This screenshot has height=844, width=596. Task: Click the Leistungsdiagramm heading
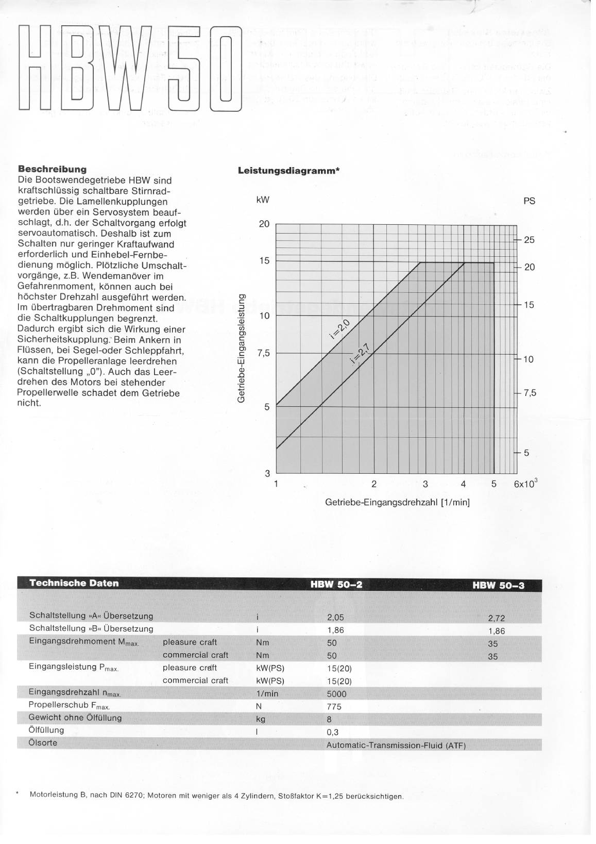point(287,171)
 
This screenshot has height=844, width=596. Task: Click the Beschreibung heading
point(52,169)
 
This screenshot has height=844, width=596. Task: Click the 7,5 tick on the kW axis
point(263,354)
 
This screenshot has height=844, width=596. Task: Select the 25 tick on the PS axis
point(529,240)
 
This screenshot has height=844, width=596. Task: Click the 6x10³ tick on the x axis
point(526,484)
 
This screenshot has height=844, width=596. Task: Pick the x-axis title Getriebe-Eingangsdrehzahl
point(397,502)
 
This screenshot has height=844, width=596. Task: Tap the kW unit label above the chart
point(263,200)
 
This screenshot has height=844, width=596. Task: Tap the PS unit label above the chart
point(529,201)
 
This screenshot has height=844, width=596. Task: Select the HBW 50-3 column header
point(498,585)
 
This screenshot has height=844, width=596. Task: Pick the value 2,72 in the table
point(497,619)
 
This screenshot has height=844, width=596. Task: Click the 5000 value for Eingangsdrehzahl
point(337,694)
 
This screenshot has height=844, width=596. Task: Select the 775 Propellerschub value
point(334,707)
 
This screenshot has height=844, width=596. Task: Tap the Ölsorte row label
point(43,743)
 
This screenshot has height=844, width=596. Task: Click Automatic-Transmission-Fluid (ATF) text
point(396,746)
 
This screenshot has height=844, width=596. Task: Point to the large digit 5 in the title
point(180,69)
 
